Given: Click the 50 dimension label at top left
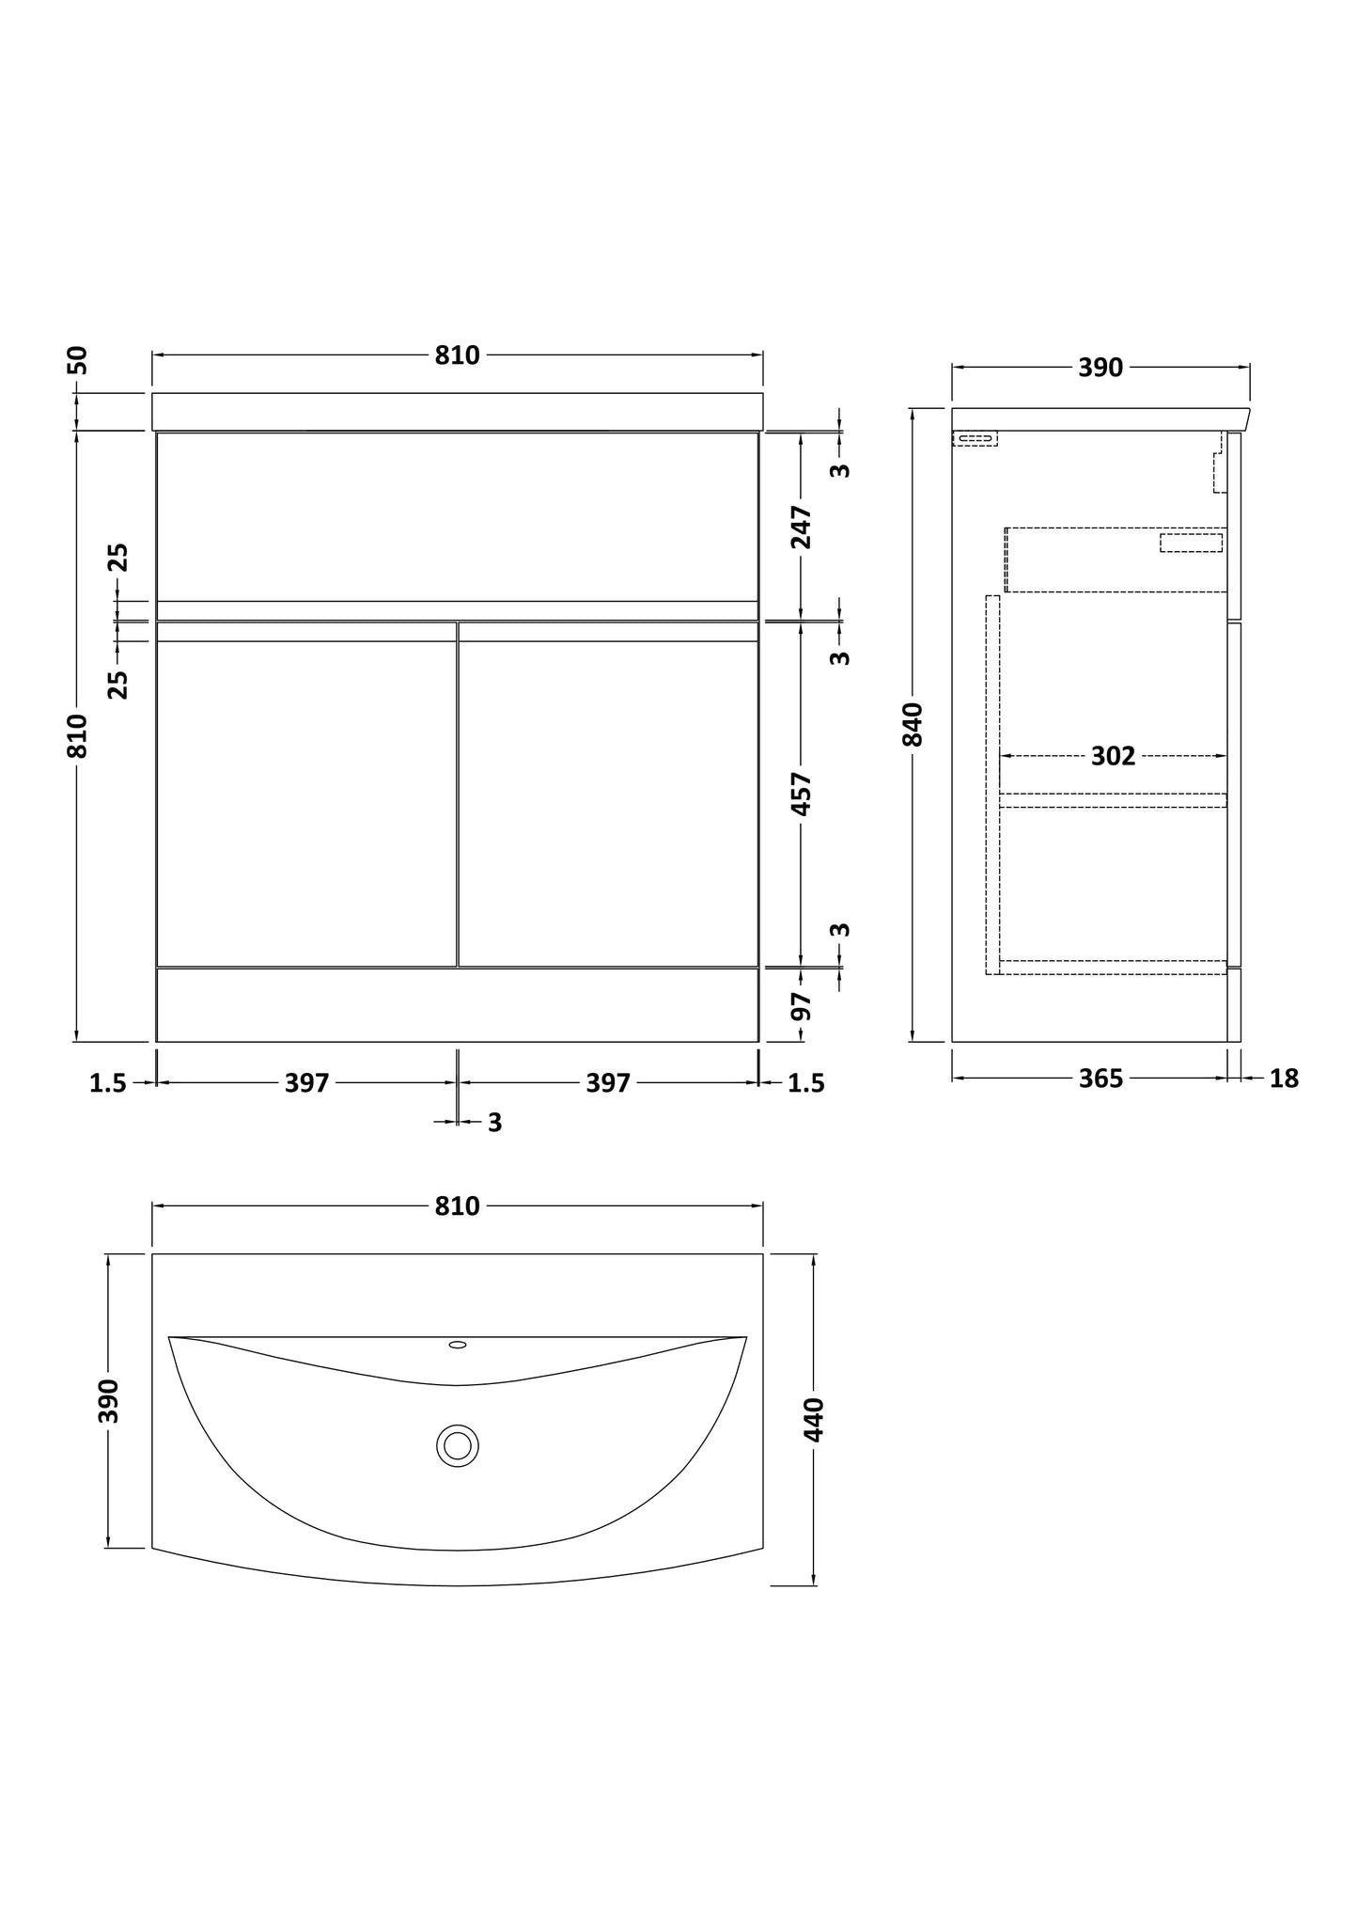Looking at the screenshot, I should [79, 360].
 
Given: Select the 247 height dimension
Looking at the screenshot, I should [801, 527].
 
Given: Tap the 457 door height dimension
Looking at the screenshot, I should [801, 794].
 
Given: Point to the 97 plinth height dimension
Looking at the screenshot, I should [801, 1007].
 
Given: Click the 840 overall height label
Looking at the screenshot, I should [913, 725].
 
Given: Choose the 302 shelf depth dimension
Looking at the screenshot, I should [1113, 756].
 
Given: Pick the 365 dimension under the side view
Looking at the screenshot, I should [1100, 1079].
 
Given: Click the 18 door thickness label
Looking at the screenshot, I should [1284, 1079].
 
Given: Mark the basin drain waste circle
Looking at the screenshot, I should [458, 1445].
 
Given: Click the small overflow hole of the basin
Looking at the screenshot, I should [458, 1345].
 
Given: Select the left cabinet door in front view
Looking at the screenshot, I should [306, 804].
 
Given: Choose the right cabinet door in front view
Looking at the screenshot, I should [608, 804].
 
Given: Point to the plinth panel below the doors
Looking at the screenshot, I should [458, 1005].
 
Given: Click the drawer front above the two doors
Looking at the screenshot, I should [458, 515].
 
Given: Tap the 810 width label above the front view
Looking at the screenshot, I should [458, 355].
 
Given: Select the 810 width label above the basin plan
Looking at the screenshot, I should [458, 1206].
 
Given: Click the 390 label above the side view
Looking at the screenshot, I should [1100, 368].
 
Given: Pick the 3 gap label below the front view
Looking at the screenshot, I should [494, 1123].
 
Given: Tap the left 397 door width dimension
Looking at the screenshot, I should [307, 1083].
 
